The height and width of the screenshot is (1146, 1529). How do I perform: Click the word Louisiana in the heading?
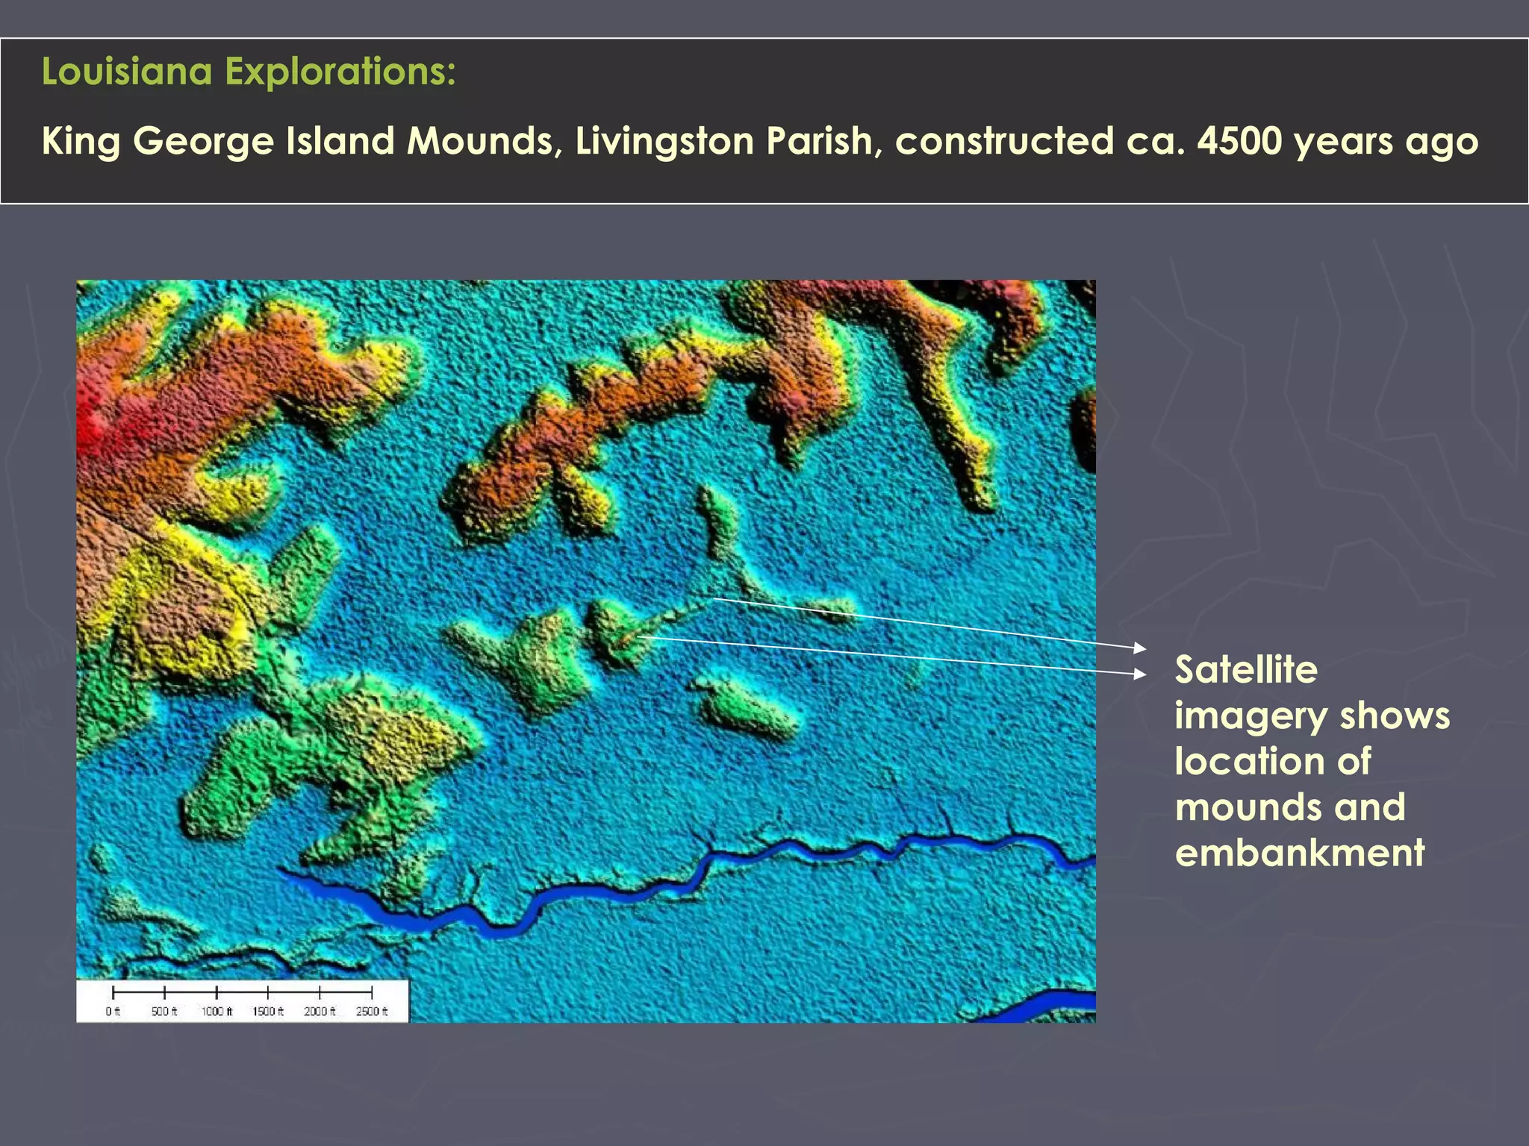(127, 72)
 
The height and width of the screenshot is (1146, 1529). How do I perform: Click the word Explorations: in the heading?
(340, 72)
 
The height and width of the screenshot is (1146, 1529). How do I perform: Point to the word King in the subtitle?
(81, 142)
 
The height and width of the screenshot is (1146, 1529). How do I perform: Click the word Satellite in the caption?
(1246, 669)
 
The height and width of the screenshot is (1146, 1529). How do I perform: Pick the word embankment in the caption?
(1300, 852)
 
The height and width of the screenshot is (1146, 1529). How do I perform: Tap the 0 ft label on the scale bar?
(113, 1011)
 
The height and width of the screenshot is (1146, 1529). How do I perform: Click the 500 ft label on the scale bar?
(164, 1011)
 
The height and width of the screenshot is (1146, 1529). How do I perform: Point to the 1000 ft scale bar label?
(217, 1011)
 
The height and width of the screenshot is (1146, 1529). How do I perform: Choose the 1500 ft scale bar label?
(268, 1011)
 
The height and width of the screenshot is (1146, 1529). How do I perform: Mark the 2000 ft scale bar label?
(320, 1011)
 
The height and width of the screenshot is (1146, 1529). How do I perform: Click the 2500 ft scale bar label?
(372, 1011)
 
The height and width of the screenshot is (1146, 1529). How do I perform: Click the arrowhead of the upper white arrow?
(1139, 647)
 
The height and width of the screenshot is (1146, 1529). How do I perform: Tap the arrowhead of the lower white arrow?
(1139, 674)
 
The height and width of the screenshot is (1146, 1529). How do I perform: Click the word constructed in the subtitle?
(1004, 141)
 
